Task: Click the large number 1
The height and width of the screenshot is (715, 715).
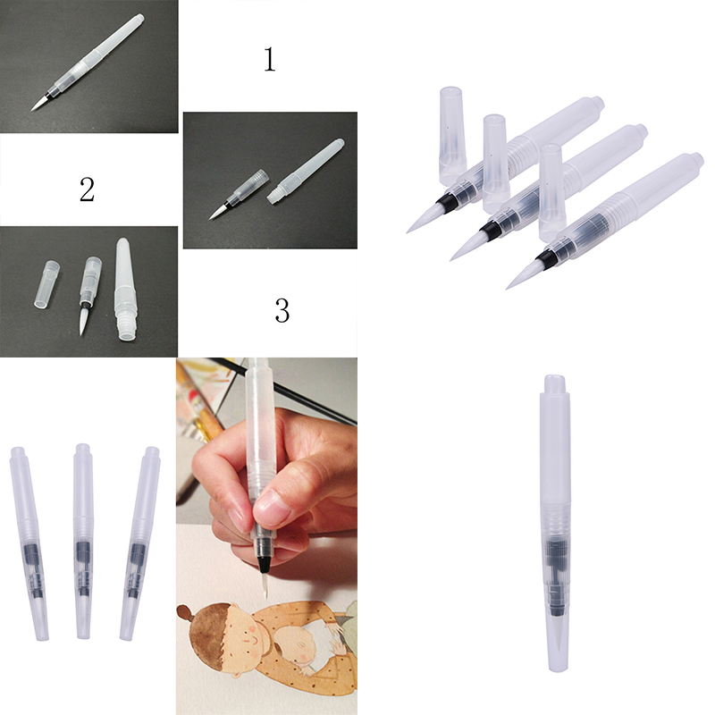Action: (x=270, y=60)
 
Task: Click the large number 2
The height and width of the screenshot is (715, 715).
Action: (x=87, y=189)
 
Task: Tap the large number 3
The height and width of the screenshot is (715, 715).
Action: (x=282, y=310)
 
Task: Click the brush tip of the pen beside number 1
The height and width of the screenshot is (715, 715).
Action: (x=38, y=103)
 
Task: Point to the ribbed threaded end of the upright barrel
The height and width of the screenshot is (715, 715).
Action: (x=124, y=327)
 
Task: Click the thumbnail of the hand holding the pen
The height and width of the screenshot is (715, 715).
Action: (x=266, y=535)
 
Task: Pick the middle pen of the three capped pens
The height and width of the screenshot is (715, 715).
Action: (x=83, y=541)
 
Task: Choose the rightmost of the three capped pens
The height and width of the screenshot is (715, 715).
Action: (x=139, y=543)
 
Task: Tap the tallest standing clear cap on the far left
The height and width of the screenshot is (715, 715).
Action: (x=452, y=135)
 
